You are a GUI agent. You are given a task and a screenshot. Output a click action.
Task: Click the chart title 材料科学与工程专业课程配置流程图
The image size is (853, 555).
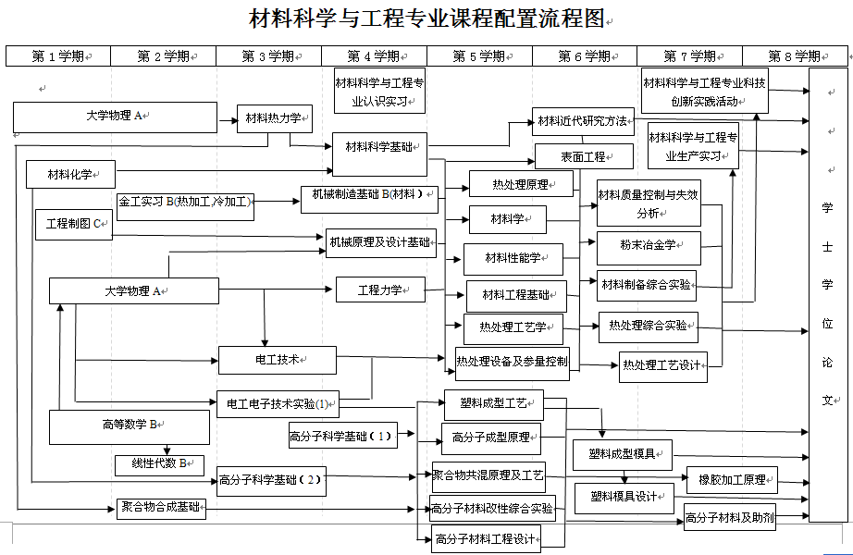pos(426,18)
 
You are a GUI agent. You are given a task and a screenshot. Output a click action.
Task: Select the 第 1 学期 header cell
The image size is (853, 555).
pos(57,56)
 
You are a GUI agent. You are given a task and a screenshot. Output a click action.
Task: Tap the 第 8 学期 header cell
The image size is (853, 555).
pos(796,56)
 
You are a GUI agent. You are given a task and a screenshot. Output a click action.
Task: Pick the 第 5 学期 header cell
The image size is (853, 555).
pos(479,56)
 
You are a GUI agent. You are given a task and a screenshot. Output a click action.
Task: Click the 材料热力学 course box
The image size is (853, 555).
pos(275,118)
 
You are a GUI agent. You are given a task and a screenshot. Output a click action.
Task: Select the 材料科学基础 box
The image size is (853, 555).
pos(379,147)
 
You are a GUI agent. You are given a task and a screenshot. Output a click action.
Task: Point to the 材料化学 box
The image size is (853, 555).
pos(69,173)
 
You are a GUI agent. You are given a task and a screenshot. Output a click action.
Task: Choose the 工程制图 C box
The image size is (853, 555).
pos(73,223)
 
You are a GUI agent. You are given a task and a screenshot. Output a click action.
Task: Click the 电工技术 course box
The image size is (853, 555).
pos(277,360)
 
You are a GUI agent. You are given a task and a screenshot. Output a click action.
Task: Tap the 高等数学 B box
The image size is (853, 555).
pos(129,425)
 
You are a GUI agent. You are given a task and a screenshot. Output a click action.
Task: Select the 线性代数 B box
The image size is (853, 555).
pos(159,464)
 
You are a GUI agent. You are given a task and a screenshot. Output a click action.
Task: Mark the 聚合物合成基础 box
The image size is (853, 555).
pos(161,507)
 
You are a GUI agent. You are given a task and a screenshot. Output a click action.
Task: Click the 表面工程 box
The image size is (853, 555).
pos(583,156)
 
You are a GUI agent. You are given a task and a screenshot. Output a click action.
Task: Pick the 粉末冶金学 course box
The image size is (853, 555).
pos(648,245)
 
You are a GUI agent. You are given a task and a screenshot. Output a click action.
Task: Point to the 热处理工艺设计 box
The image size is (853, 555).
pos(662,365)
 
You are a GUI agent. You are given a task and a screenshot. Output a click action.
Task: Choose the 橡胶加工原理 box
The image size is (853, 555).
pos(732,480)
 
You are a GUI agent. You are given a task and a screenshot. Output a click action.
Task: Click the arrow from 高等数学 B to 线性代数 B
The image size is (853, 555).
pos(166,450)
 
